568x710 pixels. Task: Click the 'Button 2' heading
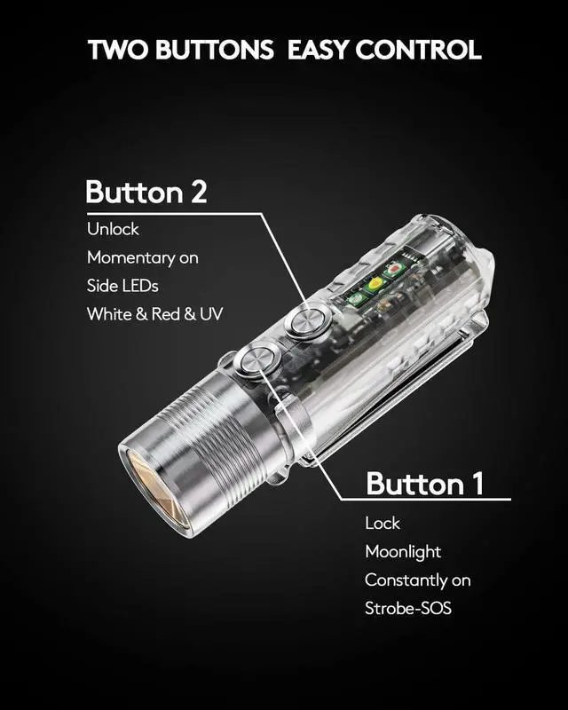tap(146, 192)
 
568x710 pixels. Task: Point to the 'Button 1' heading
tap(425, 484)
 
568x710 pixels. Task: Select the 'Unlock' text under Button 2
tap(113, 229)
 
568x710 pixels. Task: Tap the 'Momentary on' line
tap(142, 257)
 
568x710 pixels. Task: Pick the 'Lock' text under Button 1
tap(383, 524)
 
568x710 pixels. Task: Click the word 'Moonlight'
tap(403, 552)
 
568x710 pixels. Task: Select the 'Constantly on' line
tap(418, 580)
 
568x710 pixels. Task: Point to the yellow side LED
tap(375, 284)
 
